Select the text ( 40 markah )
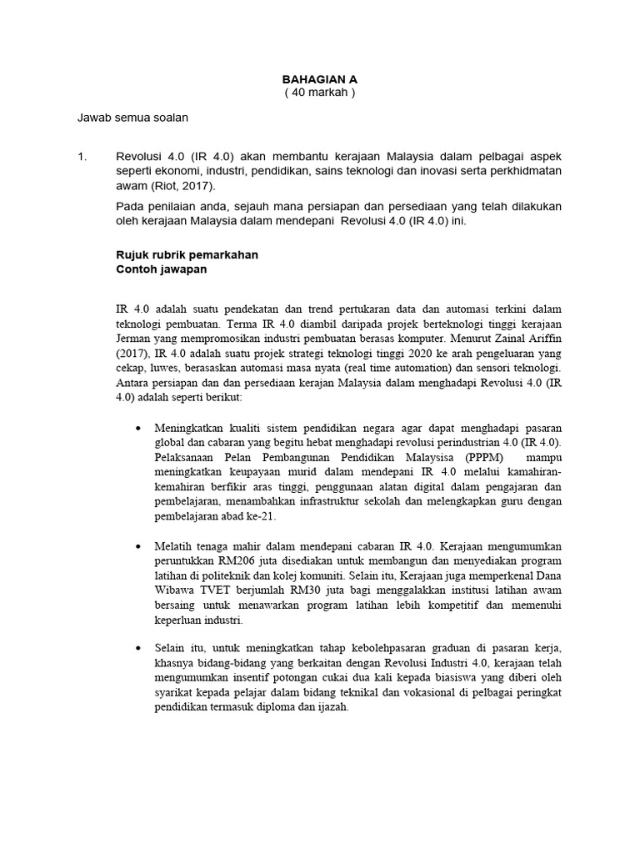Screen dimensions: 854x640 pos(319,93)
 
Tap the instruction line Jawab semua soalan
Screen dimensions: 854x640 pos(132,118)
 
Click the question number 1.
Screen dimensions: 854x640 pos(81,156)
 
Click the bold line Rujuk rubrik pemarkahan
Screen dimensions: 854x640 pos(186,255)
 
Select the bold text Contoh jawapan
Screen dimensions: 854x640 pos(160,270)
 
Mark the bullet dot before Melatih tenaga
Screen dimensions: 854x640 pos(138,545)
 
